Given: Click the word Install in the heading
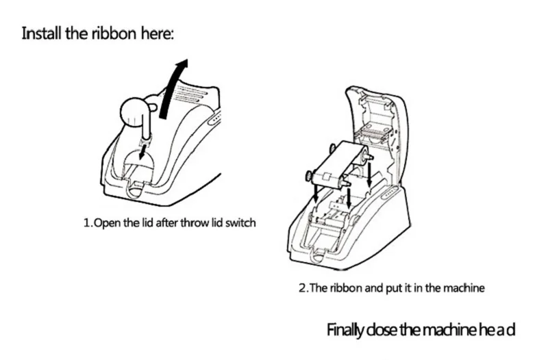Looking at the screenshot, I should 41,32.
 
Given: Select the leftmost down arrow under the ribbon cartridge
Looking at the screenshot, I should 314,193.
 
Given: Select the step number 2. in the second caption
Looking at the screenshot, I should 305,288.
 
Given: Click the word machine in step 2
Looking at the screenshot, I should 466,288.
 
